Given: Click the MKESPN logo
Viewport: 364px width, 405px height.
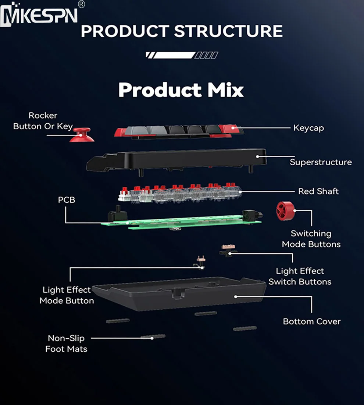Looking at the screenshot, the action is (39, 14).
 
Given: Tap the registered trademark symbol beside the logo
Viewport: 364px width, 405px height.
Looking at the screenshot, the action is (82, 4).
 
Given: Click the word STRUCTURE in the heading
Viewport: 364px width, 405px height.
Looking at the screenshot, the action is (228, 31).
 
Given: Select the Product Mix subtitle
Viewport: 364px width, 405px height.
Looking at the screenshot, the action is (181, 90).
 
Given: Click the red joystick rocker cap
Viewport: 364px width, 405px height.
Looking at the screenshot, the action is (82, 135).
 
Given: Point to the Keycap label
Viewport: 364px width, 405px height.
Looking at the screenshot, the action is (308, 128).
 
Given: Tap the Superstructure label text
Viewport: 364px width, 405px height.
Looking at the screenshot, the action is (321, 162).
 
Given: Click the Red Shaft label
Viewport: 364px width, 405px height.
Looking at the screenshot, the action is (318, 191).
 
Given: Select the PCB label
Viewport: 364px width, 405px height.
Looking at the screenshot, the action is (67, 200).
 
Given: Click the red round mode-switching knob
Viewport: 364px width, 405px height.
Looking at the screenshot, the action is (286, 211).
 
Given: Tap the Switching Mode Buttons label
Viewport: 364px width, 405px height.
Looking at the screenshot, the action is (311, 239).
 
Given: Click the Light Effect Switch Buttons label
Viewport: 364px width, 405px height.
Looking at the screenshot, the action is (300, 276).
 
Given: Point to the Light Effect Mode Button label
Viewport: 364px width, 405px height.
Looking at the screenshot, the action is (67, 295).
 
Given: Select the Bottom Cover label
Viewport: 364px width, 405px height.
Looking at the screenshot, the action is (312, 321).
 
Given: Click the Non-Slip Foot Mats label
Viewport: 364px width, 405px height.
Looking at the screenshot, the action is (66, 344).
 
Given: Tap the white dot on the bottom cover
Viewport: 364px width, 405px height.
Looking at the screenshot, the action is (236, 297).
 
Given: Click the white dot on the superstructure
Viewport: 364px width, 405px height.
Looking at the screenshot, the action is (257, 156).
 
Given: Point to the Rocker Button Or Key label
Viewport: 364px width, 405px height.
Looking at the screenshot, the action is (43, 121).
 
